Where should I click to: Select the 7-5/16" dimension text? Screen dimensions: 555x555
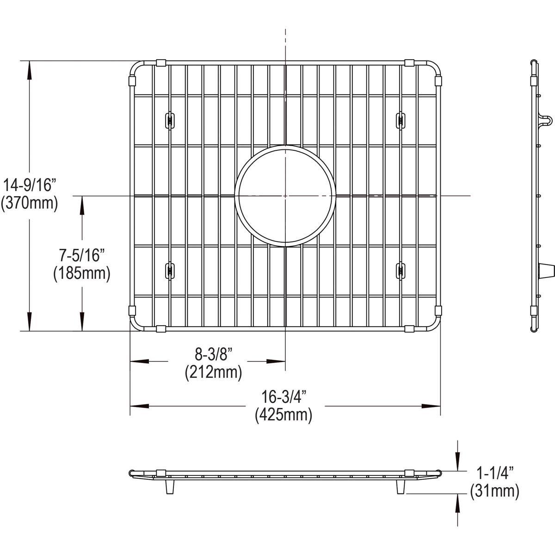(x=81, y=255)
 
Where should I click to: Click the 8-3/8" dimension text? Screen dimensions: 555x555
(x=213, y=355)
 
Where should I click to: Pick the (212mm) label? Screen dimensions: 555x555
(x=213, y=372)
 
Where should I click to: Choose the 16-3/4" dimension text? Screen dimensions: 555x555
(x=284, y=397)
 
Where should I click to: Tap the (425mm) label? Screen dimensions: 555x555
(x=284, y=415)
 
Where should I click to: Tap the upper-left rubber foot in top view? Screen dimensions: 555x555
(x=170, y=120)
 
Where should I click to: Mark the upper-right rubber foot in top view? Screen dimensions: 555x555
(x=400, y=120)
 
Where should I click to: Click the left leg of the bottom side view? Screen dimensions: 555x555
(x=170, y=487)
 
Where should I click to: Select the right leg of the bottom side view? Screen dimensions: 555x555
(x=401, y=487)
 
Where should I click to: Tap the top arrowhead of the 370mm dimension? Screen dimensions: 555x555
(x=30, y=70)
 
